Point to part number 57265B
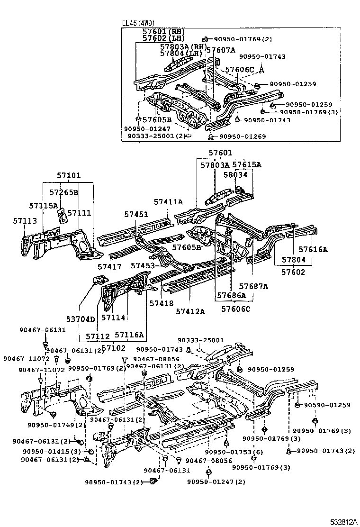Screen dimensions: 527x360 coord(63,192)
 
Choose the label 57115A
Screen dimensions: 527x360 coord(43,206)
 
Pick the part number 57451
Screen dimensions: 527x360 coord(136,214)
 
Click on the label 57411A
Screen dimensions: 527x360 coord(168,202)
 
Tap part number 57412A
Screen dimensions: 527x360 coord(190,311)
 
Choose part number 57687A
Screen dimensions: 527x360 coord(253,286)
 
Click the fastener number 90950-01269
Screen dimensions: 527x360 coord(243,136)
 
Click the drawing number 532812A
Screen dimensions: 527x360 coord(343,521)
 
